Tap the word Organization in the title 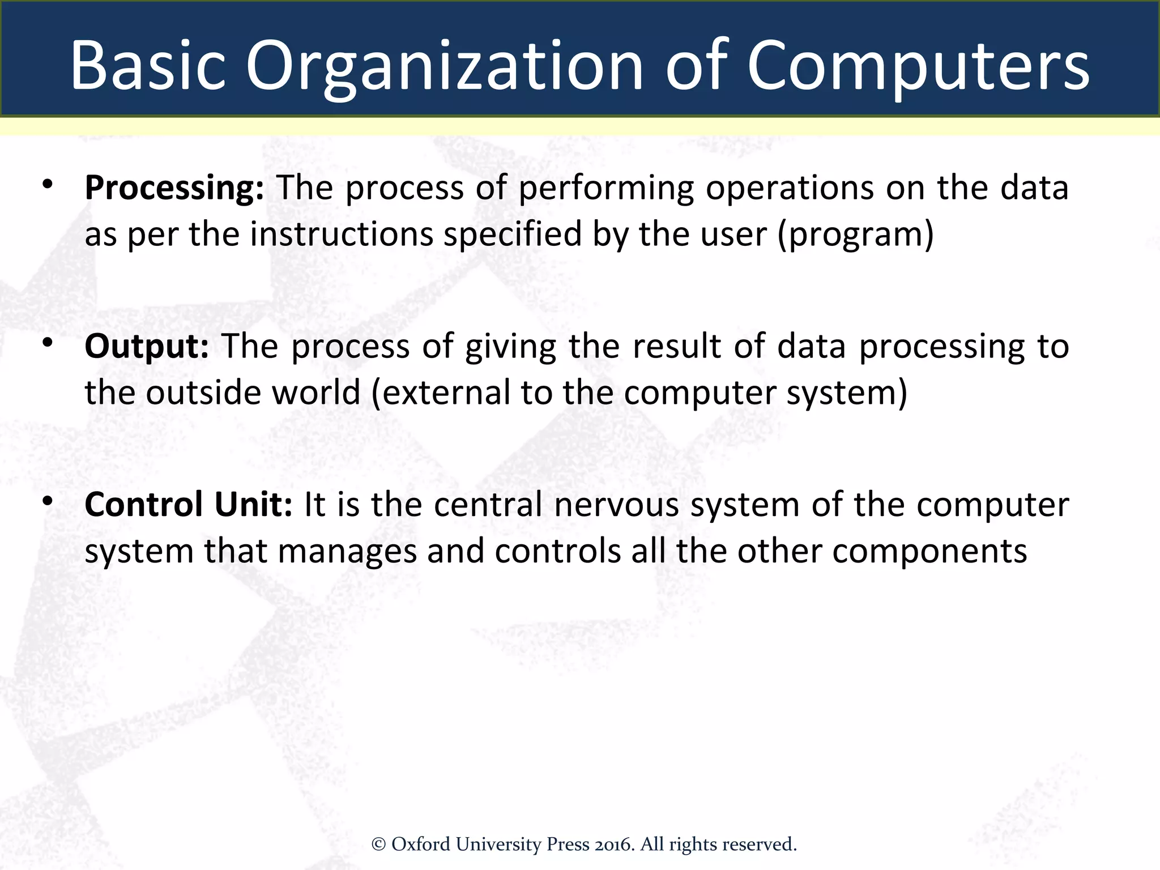pyautogui.click(x=445, y=67)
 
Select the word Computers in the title pyautogui.click(x=918, y=67)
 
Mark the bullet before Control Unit pyautogui.click(x=48, y=501)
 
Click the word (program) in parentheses pyautogui.click(x=855, y=234)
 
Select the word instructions pyautogui.click(x=341, y=234)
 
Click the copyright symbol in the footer pyautogui.click(x=378, y=845)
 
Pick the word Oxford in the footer pyautogui.click(x=421, y=845)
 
